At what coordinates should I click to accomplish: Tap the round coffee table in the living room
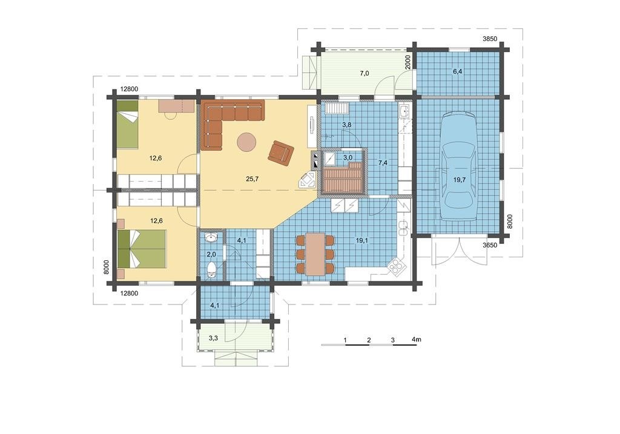pos(247,142)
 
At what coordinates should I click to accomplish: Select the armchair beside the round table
pos(281,152)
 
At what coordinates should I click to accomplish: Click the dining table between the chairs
pos(315,254)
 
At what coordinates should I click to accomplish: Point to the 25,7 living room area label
pos(252,179)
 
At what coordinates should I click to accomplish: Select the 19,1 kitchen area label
pos(362,240)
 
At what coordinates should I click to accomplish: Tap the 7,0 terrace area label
pos(364,73)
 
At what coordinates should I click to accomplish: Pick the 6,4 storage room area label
pos(458,71)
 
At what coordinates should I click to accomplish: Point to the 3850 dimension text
pos(490,39)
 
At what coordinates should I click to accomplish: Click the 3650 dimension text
pos(489,245)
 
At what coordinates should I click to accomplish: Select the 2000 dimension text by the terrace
pos(408,62)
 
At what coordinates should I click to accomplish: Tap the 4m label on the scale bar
pos(416,340)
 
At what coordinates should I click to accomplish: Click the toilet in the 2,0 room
pos(212,270)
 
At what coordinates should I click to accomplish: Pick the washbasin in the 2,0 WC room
pos(211,237)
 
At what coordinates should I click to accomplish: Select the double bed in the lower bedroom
pos(141,249)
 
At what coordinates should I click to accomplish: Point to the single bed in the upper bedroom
pos(127,125)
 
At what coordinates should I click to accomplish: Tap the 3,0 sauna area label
pos(348,157)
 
